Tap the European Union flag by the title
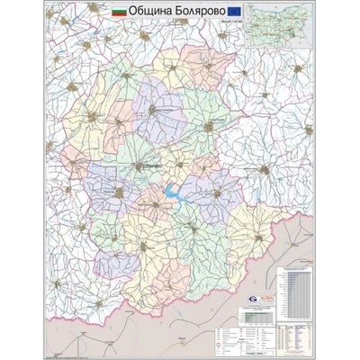236,16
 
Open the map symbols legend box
257,337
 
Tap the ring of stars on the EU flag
236,16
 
